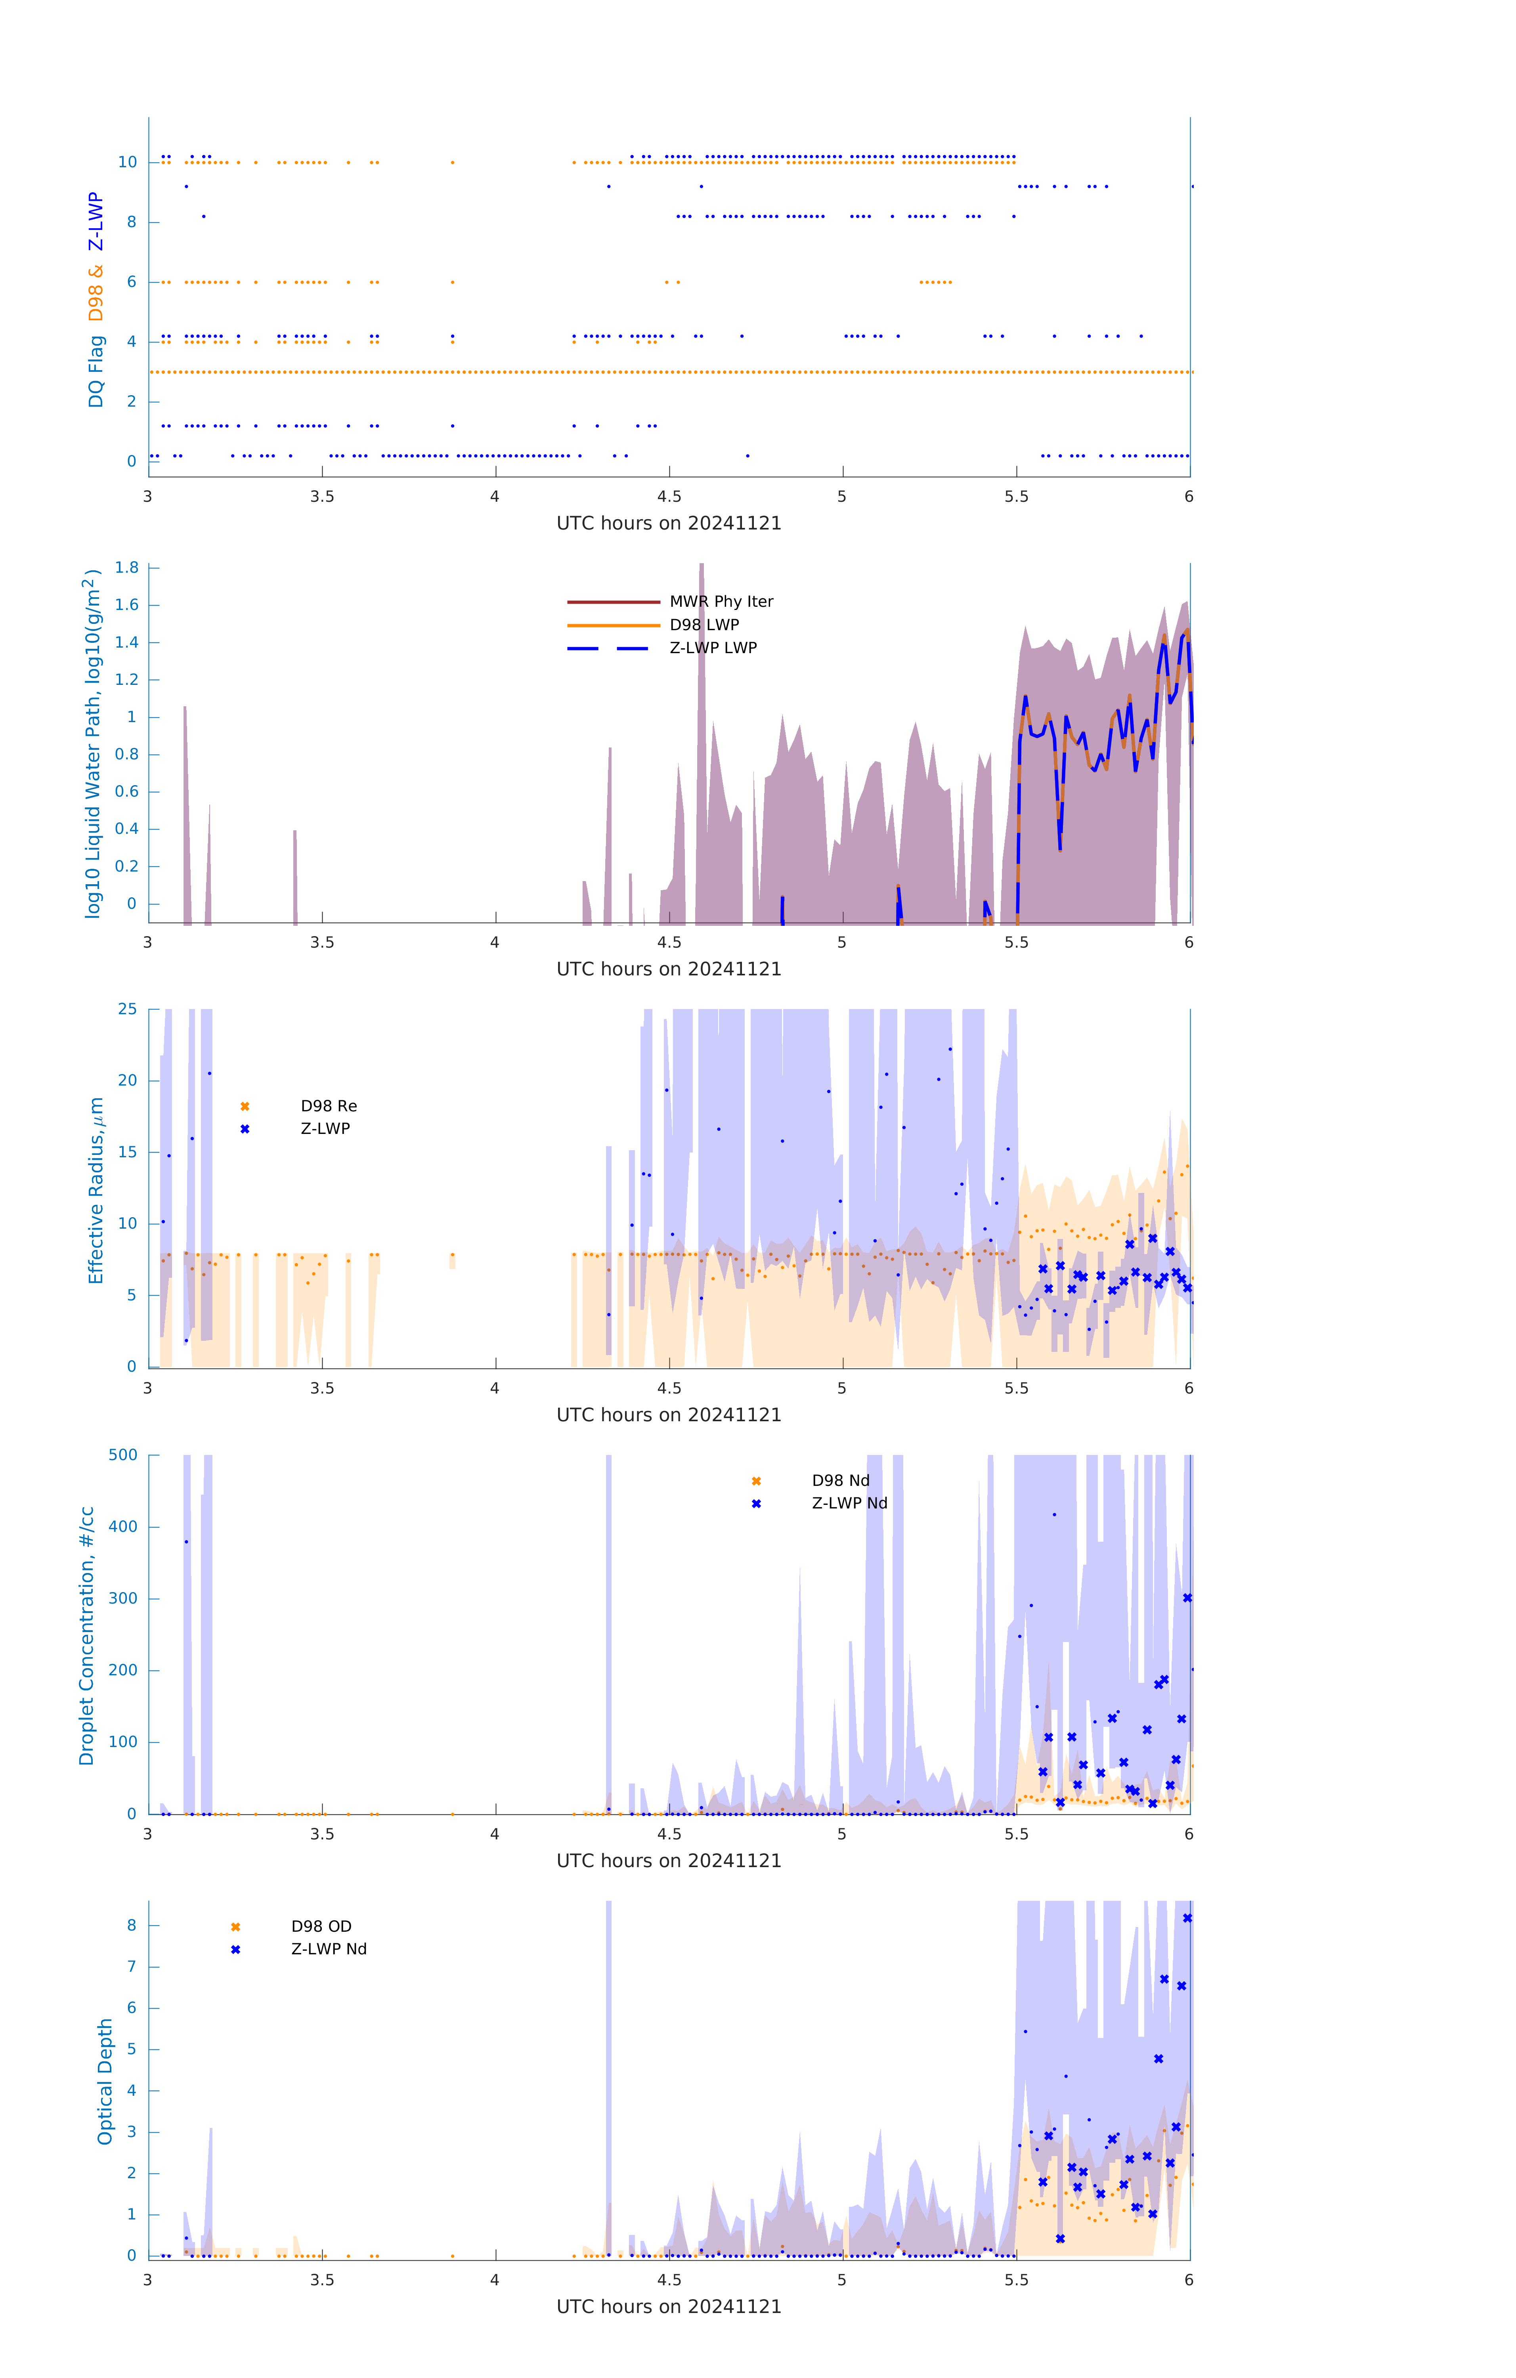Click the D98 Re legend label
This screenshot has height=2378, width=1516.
click(x=329, y=1106)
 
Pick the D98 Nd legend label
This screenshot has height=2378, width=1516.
click(x=841, y=1480)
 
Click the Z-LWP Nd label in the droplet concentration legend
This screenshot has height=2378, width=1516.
click(x=849, y=1503)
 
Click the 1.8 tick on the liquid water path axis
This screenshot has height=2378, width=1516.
click(x=126, y=568)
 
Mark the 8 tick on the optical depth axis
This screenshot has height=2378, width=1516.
click(x=131, y=1925)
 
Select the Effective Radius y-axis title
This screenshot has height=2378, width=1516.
click(x=96, y=1190)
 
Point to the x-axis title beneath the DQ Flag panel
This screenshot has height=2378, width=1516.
click(x=669, y=524)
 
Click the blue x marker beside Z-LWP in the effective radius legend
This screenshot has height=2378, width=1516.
click(x=245, y=1129)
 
